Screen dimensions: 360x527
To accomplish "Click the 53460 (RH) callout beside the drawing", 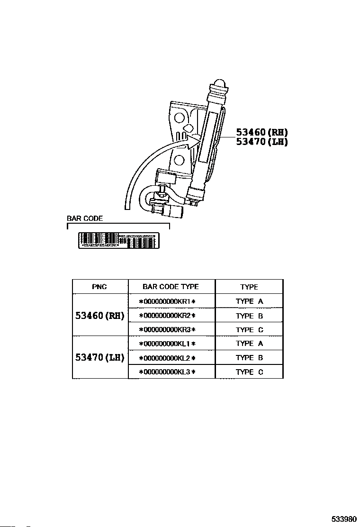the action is coord(262,133).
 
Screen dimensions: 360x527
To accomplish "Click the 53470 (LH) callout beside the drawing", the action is coord(262,141).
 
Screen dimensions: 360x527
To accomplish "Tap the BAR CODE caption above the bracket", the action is coord(85,219).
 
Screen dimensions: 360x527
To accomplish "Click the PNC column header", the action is coord(99,287).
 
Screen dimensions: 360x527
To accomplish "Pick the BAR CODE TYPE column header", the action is coord(171,287).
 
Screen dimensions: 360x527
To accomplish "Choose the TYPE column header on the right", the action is coord(249,287).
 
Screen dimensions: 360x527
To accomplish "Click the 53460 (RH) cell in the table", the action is coord(99,315).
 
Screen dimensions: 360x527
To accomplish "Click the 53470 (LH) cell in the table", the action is coord(99,357).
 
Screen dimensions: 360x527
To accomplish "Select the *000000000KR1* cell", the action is coord(167,301).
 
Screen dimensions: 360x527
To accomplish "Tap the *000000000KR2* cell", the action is coord(167,316).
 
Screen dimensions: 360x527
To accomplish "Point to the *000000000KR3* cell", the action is coord(167,329).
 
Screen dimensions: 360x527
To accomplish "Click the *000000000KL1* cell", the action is coord(167,344).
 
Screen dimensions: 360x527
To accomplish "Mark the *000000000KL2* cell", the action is coord(167,358).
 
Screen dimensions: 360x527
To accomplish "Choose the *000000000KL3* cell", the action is coord(167,372).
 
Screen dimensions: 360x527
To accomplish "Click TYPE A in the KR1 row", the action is coord(249,301).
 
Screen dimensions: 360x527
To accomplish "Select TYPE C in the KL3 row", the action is coord(249,372).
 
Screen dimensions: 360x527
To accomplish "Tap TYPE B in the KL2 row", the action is coord(249,358).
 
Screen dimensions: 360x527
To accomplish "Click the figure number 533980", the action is coord(343,519).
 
